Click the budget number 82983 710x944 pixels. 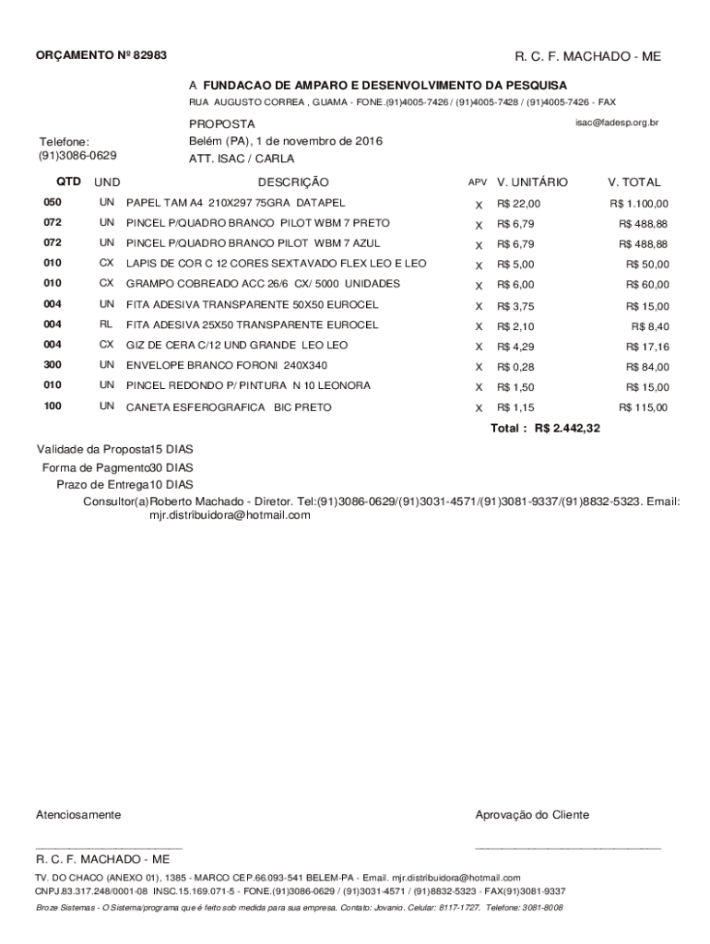pyautogui.click(x=148, y=56)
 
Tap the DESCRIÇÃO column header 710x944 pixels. pyautogui.click(x=293, y=183)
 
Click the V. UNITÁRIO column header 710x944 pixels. pyautogui.click(x=532, y=183)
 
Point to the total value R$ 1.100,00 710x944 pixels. pyautogui.click(x=639, y=204)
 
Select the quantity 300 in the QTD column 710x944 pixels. pyautogui.click(x=53, y=365)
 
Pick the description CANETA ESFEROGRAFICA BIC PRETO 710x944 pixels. pyautogui.click(x=229, y=407)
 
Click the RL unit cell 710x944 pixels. pyautogui.click(x=107, y=324)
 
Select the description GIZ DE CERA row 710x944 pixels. pyautogui.click(x=237, y=345)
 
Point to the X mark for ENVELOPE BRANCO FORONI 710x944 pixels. pyautogui.click(x=479, y=367)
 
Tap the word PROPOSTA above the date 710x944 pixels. pyautogui.click(x=222, y=124)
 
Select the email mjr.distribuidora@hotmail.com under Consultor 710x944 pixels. pyautogui.click(x=231, y=515)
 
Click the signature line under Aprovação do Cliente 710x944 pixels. pyautogui.click(x=567, y=845)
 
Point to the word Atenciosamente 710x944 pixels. pyautogui.click(x=78, y=815)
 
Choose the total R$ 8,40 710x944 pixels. pyautogui.click(x=650, y=326)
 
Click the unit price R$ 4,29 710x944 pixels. pyautogui.click(x=515, y=347)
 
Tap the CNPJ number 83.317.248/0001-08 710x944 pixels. pyautogui.click(x=103, y=891)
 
